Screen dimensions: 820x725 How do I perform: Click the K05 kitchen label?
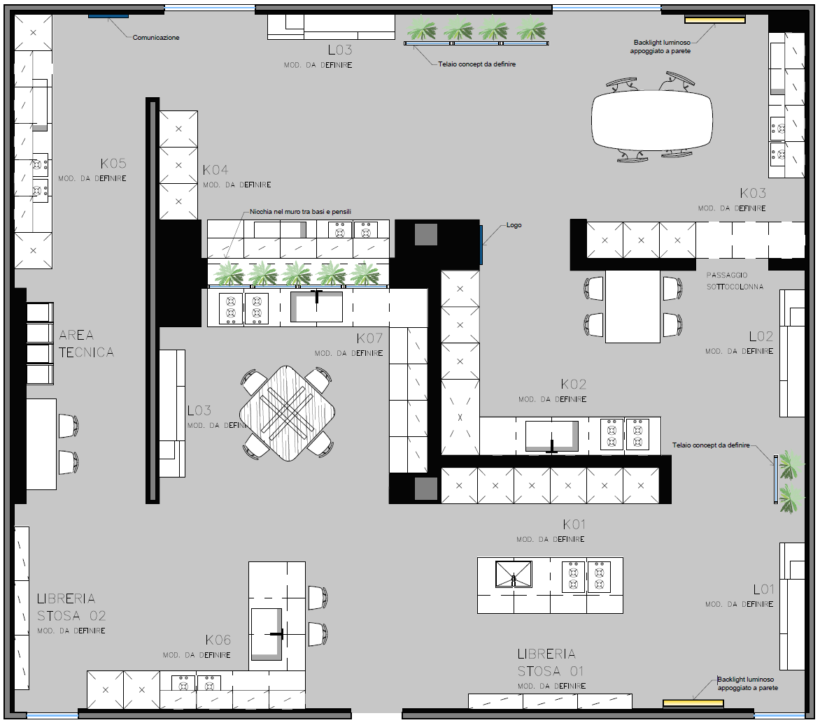point(113,164)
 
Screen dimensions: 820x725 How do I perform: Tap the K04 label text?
point(215,170)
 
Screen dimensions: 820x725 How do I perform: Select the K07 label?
point(369,338)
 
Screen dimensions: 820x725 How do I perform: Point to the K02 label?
point(574,385)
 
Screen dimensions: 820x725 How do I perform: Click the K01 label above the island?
point(574,524)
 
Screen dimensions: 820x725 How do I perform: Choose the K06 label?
point(218,640)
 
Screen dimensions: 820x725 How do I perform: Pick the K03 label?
point(753,194)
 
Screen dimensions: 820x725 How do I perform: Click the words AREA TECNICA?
point(86,343)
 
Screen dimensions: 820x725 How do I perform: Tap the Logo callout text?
point(514,224)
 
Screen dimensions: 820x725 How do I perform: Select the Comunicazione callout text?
point(156,38)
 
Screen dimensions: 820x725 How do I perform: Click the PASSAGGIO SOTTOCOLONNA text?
point(735,280)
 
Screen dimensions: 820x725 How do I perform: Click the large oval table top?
point(652,120)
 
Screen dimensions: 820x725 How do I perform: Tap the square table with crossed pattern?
point(287,413)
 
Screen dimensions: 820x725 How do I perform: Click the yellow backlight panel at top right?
point(715,20)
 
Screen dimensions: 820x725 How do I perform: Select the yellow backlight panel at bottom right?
point(693,703)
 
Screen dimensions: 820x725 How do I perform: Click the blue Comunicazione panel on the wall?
point(108,16)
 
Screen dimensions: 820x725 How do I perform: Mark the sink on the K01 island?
point(514,574)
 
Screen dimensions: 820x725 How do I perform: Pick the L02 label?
point(761,336)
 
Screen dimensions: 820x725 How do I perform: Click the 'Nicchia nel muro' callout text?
point(300,212)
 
